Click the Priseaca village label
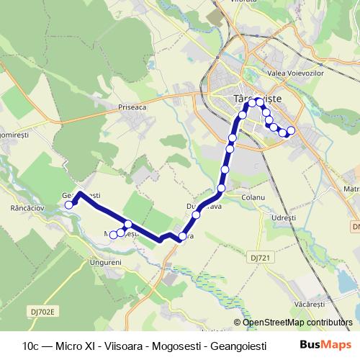[x=132, y=106]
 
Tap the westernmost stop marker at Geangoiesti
[x=69, y=204]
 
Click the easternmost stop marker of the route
[x=291, y=130]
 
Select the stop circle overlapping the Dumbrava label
[x=196, y=215]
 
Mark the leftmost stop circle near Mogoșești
[x=113, y=235]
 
